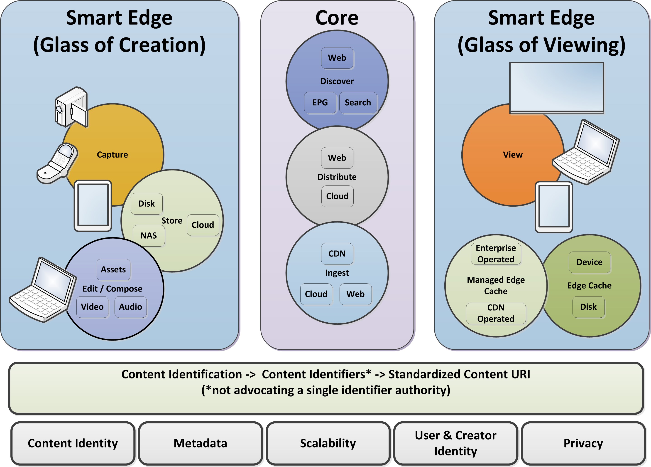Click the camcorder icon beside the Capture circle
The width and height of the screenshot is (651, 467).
(71, 107)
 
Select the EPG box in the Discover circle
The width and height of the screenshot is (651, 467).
(320, 103)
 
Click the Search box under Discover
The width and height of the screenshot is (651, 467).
(358, 103)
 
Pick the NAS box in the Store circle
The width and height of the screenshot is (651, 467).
(148, 235)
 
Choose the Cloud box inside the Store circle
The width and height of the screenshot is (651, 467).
(203, 225)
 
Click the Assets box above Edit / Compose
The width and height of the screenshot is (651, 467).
(113, 269)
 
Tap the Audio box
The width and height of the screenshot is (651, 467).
(131, 307)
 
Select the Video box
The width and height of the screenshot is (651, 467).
(92, 307)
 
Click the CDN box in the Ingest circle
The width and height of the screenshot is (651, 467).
(337, 254)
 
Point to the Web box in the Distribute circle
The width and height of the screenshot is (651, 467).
(337, 158)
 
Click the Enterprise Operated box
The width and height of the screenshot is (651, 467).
(496, 254)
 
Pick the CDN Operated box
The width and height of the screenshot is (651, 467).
(496, 313)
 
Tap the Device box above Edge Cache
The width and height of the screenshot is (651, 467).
(589, 262)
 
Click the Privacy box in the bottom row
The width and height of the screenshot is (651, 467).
(583, 443)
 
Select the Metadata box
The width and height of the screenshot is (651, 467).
(200, 443)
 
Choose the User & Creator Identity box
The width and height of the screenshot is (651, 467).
(455, 443)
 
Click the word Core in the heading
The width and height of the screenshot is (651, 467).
(337, 18)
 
